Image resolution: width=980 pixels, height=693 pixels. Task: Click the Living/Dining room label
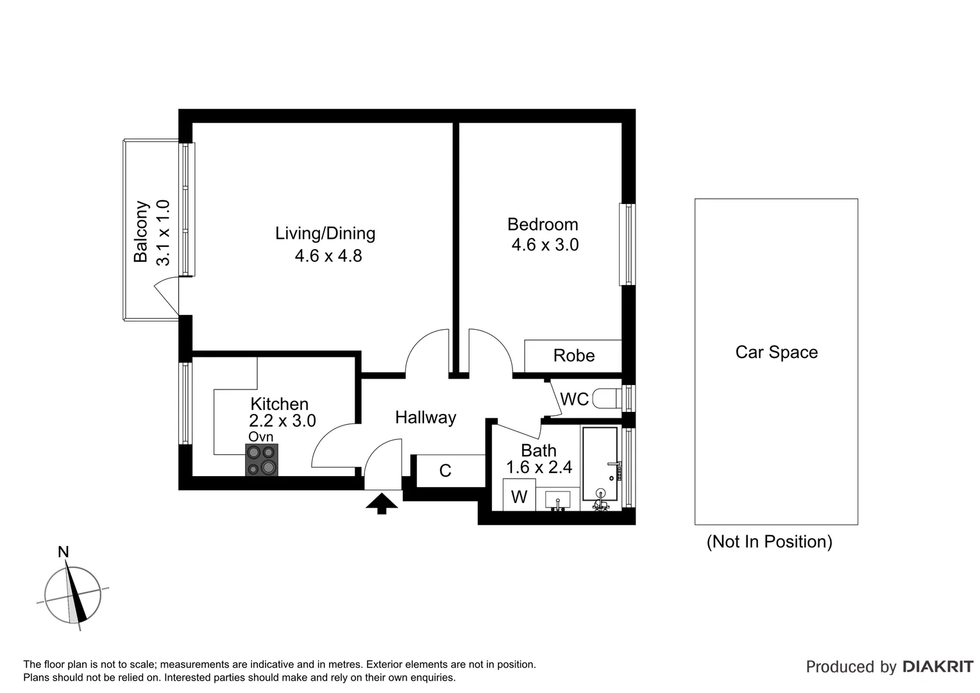tap(325, 234)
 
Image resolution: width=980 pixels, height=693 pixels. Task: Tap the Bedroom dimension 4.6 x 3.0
tap(545, 245)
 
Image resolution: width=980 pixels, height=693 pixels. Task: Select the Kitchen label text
tap(279, 404)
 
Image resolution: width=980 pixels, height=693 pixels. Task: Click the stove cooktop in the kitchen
tap(262, 460)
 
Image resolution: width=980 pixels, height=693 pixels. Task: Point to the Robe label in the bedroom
tap(573, 356)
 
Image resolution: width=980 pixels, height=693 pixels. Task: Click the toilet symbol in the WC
tap(605, 398)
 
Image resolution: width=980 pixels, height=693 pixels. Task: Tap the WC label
tap(574, 399)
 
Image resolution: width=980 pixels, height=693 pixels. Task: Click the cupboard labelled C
tap(445, 471)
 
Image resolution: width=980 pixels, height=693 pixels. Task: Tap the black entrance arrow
tap(382, 503)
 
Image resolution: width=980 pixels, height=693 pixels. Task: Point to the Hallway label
tap(425, 418)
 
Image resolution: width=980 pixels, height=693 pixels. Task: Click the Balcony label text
tap(140, 232)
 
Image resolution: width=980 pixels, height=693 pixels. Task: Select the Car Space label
tap(776, 352)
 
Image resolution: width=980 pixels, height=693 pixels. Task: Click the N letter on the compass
tap(63, 552)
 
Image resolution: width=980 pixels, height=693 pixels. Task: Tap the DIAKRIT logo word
tap(938, 667)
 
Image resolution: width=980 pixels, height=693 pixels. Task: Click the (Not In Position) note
tap(769, 542)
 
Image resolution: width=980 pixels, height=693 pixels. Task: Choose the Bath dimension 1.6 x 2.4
tap(539, 468)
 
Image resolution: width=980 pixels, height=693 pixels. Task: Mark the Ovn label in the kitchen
tap(261, 437)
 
